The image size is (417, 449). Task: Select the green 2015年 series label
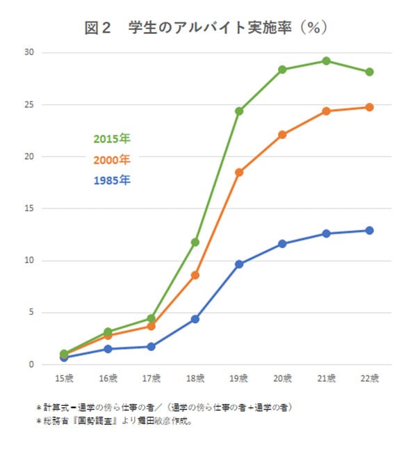tap(112, 138)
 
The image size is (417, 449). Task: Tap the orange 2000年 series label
tap(112, 159)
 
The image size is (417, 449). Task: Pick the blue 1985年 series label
tap(112, 180)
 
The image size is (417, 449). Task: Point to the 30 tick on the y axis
tap(29, 53)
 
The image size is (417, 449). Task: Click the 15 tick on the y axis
tap(29, 209)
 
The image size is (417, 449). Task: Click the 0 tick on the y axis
tap(32, 364)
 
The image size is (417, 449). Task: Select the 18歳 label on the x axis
tap(195, 379)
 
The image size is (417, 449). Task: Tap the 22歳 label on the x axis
tap(370, 379)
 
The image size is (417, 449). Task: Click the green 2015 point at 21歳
tap(326, 61)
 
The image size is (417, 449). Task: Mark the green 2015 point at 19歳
tap(239, 111)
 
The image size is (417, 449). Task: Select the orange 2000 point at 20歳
tap(282, 135)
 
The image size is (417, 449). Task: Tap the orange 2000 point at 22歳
tap(370, 107)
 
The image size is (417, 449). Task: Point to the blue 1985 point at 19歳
tap(239, 264)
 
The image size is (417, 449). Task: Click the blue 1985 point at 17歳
tap(152, 346)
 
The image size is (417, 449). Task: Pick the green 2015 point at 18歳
tap(195, 242)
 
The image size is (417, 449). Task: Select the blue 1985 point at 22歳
tap(370, 230)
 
